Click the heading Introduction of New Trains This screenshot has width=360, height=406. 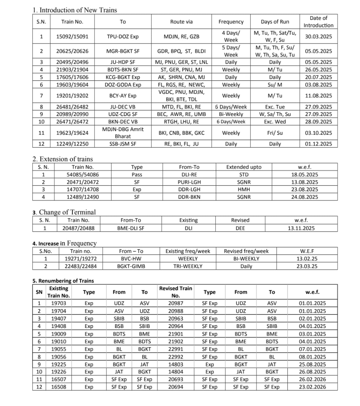(x=75, y=10)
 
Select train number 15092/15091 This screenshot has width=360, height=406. (x=72, y=36)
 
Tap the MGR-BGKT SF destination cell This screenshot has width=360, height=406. (x=123, y=51)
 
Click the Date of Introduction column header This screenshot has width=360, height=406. (x=318, y=22)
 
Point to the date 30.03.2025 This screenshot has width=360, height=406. (x=318, y=36)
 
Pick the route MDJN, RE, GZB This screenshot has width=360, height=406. (x=181, y=36)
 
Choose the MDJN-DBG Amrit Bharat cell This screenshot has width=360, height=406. (x=123, y=133)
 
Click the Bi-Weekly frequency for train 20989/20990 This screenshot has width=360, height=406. (x=231, y=114)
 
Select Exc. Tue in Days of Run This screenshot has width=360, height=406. (x=275, y=107)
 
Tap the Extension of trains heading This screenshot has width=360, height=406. (x=63, y=159)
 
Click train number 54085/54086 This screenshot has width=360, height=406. (x=82, y=174)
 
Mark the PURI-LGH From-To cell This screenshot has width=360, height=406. (x=189, y=182)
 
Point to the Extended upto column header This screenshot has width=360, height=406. (x=244, y=167)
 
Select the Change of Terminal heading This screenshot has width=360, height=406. (x=64, y=212)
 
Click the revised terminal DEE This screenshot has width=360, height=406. (x=240, y=228)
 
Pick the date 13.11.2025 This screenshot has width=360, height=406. (x=301, y=228)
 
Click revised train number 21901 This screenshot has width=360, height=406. (x=175, y=334)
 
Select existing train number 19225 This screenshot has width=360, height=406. (x=59, y=364)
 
